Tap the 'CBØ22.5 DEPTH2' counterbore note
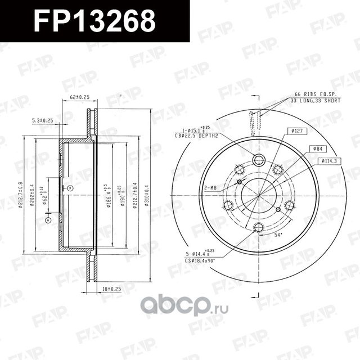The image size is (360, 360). (x=196, y=135)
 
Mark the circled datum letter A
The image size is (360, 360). (x=48, y=220)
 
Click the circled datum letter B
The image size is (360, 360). (x=70, y=187)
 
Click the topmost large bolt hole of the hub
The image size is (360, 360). (x=259, y=159)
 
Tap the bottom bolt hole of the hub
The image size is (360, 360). (x=259, y=227)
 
